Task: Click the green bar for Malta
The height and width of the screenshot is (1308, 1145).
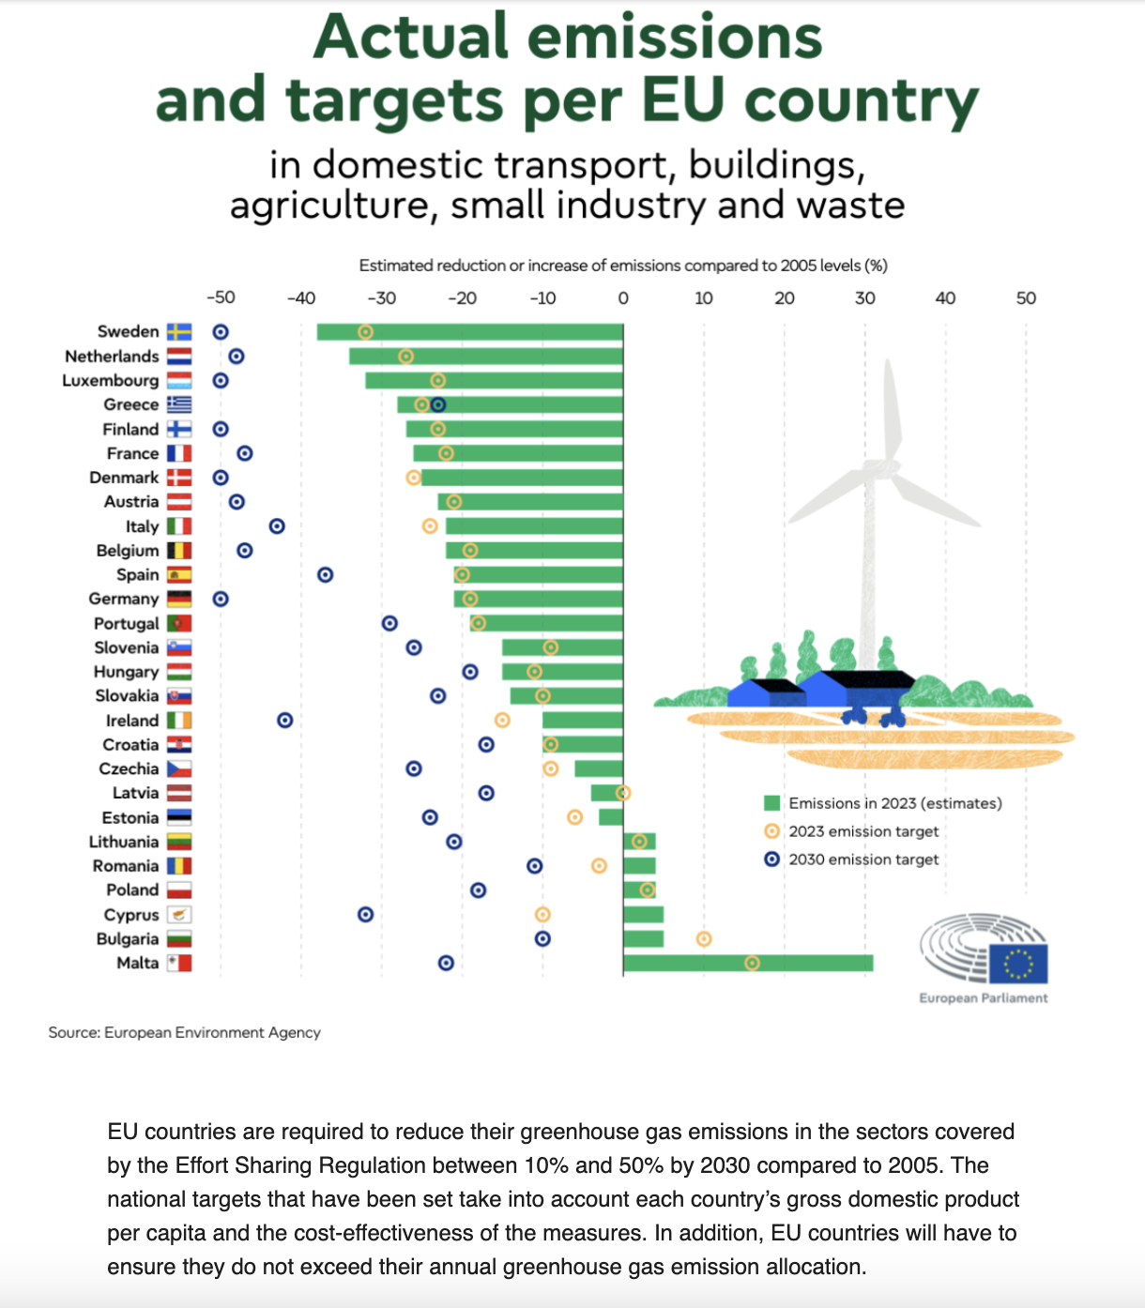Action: point(748,963)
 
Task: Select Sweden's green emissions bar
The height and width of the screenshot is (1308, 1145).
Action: point(469,332)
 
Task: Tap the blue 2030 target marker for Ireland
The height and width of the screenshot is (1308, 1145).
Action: point(285,721)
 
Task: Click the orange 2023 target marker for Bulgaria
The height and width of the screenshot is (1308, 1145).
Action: point(704,939)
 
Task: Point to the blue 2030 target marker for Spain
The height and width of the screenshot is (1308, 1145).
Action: point(325,574)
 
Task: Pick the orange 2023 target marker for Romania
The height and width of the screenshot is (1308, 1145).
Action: point(599,865)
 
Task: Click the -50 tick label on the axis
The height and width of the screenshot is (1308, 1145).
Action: point(221,298)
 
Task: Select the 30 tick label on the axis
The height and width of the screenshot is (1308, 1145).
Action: point(864,298)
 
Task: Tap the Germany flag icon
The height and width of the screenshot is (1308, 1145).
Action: point(179,599)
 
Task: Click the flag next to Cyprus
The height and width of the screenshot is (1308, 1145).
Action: point(179,914)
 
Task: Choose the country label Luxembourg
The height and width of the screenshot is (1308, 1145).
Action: point(111,380)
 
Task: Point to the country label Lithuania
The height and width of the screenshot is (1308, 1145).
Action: point(124,842)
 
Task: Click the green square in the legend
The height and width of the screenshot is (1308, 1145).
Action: point(772,803)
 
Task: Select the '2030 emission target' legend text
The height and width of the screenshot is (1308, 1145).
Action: point(863,859)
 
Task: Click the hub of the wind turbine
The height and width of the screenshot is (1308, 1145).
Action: point(882,466)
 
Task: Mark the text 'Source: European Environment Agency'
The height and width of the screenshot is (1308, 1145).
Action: point(185,1032)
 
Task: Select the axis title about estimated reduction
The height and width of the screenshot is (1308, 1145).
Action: point(623,266)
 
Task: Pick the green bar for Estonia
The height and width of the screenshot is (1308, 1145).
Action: point(611,817)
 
